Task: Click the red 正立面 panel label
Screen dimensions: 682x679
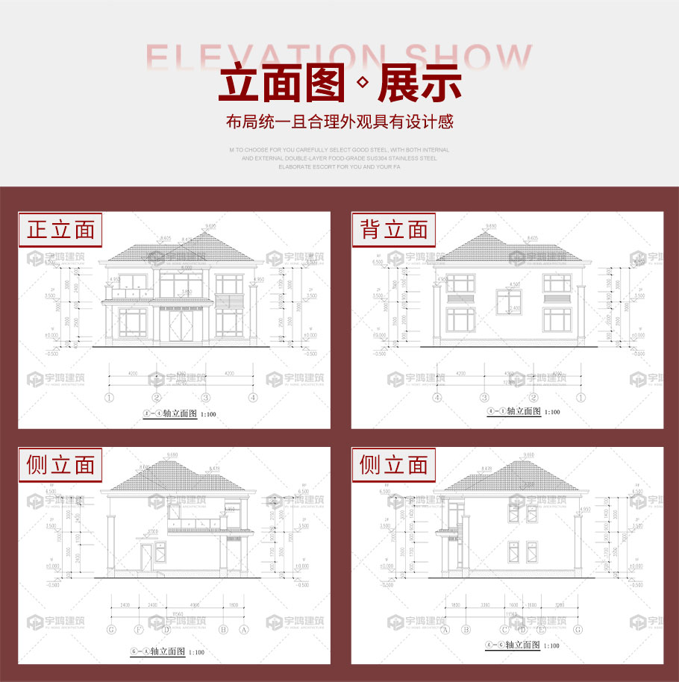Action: [60, 230]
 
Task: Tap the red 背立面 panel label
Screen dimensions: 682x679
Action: [394, 230]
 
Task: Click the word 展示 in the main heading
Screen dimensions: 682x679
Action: [419, 84]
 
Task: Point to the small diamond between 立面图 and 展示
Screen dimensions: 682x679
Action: [363, 84]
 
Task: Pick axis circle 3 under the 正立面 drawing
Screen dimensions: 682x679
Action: [206, 398]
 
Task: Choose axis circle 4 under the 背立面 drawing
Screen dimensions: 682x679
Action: [436, 398]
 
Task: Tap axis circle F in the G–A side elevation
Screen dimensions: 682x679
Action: [138, 630]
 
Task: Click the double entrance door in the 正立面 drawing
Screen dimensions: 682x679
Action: [180, 327]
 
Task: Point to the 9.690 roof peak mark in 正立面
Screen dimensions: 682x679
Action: [210, 225]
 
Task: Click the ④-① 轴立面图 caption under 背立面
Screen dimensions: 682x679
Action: [514, 411]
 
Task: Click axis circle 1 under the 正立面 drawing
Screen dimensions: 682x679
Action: [109, 398]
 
